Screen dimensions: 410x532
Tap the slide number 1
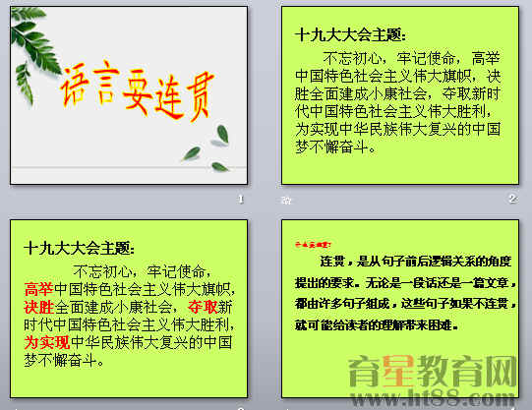(x=240, y=199)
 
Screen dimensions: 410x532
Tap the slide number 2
(x=511, y=199)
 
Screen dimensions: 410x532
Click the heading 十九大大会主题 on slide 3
(x=80, y=249)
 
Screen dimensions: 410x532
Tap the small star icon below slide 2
(x=287, y=199)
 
